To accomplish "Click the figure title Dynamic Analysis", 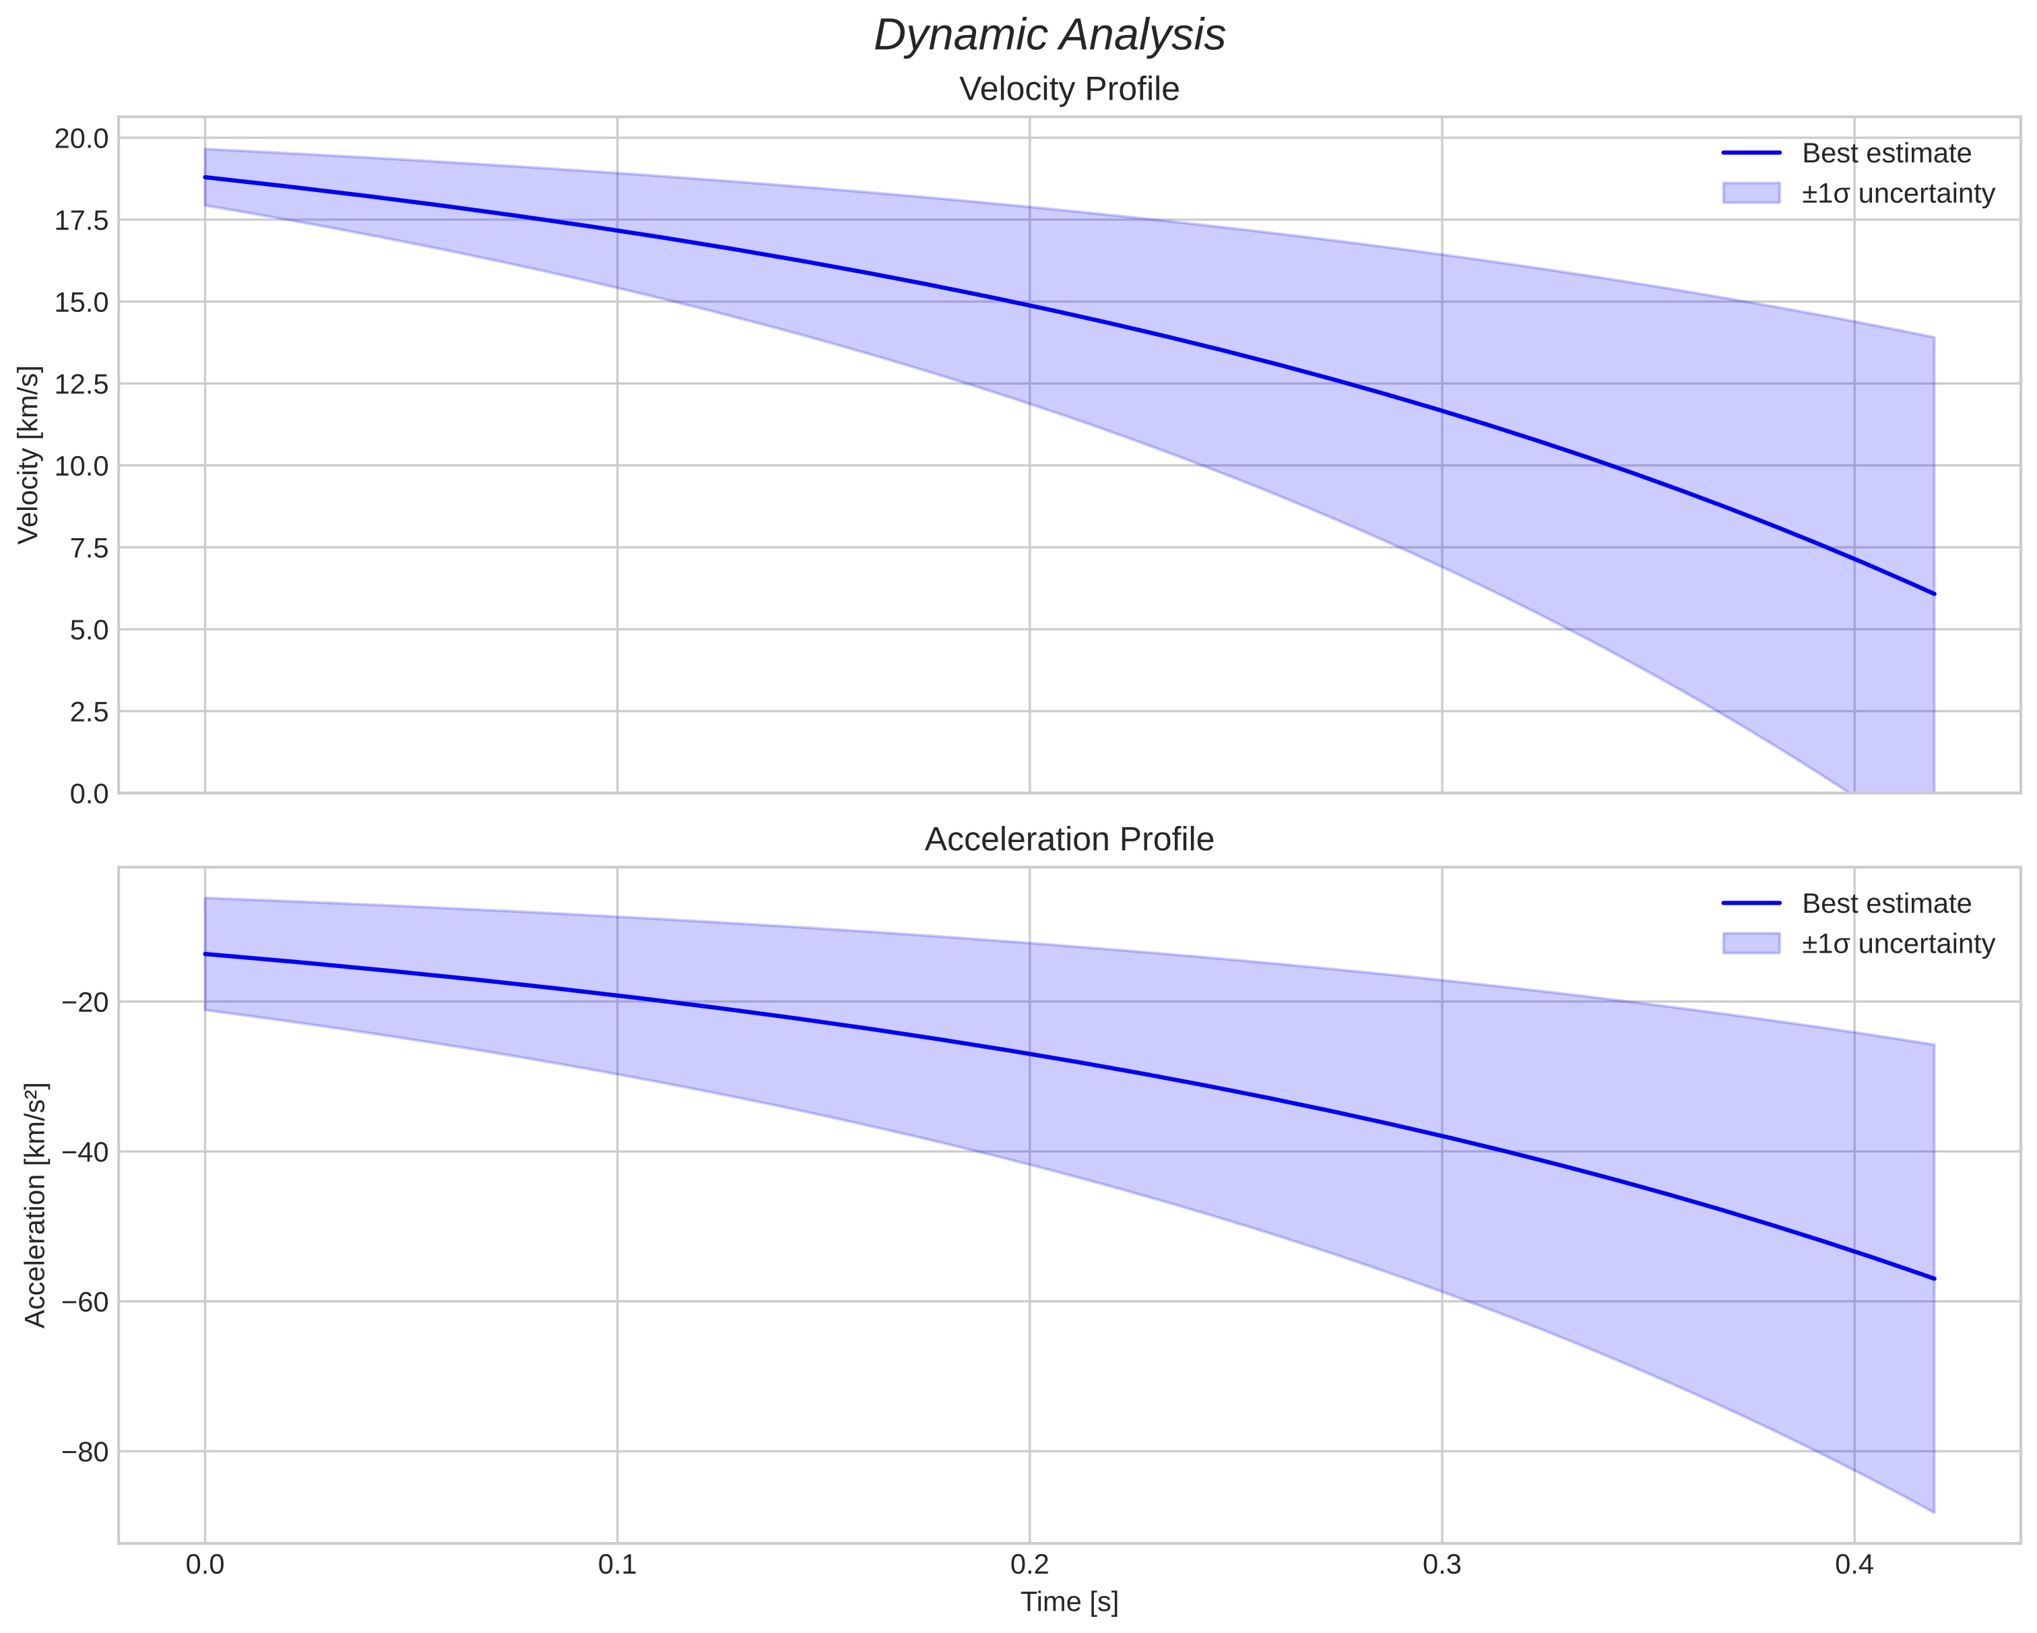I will coord(1049,36).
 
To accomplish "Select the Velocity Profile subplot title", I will coord(1068,90).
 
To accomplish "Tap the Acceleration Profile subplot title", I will coord(1068,839).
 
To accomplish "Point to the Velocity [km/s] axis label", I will coord(29,455).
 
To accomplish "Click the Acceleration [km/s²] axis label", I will coord(34,1205).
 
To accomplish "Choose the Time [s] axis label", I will coord(1068,1602).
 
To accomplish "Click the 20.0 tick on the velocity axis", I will coord(82,139).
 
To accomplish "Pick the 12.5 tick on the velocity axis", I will coord(82,385).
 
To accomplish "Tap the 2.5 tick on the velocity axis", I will coord(89,711).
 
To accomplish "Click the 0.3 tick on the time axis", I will coord(1442,1566).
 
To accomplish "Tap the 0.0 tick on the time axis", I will coord(205,1566).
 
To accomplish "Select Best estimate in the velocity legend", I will coord(1886,153).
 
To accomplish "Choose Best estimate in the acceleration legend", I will coord(1886,903).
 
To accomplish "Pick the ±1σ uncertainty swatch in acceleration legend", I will coord(1751,943).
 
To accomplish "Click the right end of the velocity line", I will coord(1934,594).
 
